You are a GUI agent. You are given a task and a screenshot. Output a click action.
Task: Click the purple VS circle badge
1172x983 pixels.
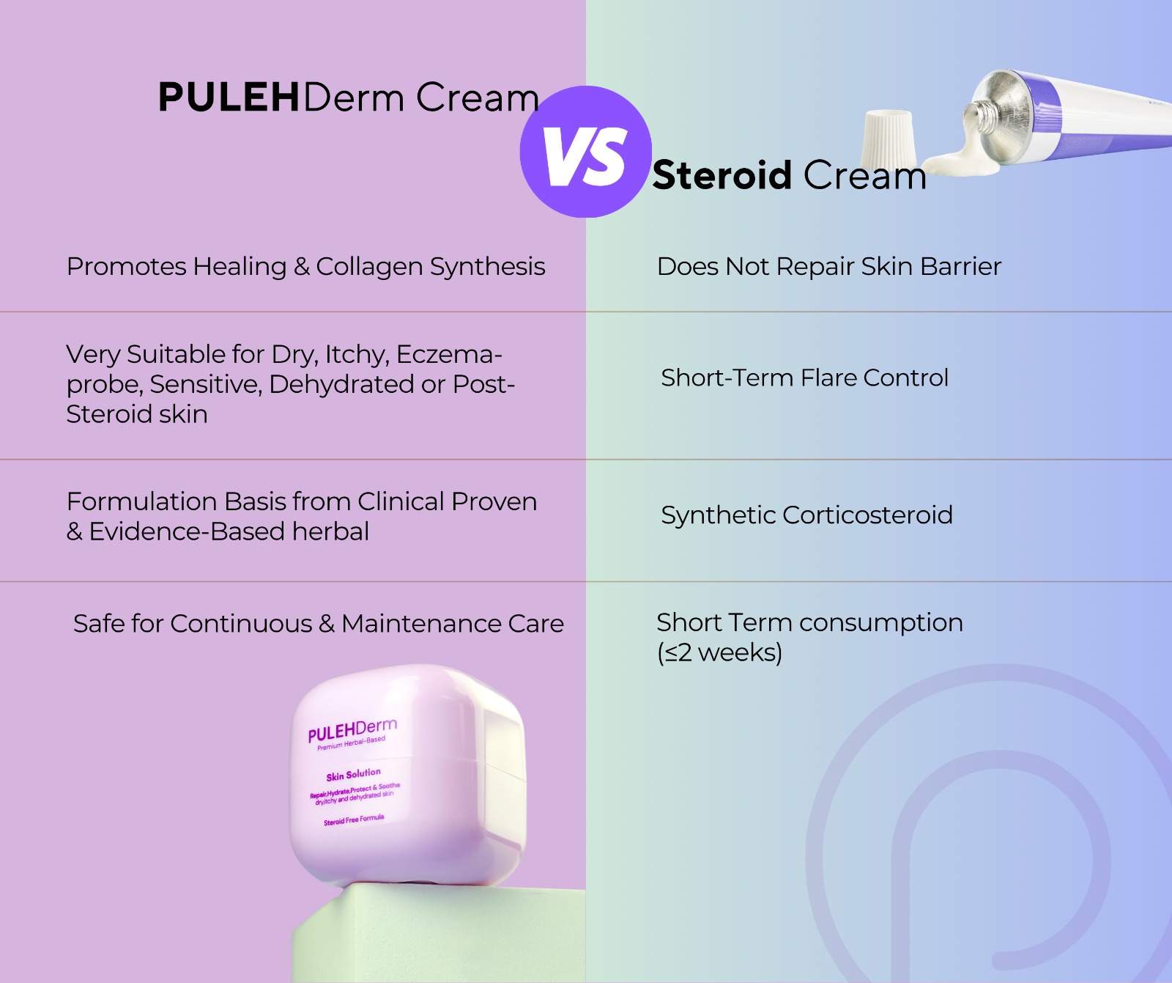pyautogui.click(x=585, y=152)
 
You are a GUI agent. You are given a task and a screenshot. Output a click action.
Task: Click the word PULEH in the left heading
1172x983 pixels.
pyautogui.click(x=229, y=97)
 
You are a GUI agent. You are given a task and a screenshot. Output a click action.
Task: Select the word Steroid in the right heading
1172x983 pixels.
pyautogui.click(x=722, y=176)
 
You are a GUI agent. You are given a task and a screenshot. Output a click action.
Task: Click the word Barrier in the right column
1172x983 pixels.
pyautogui.click(x=961, y=266)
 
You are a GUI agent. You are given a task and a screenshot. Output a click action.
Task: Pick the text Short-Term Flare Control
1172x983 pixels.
pyautogui.click(x=804, y=378)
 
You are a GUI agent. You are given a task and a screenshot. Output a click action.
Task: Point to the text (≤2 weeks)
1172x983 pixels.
pyautogui.click(x=719, y=652)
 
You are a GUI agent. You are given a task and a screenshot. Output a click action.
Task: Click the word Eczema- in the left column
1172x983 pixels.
pyautogui.click(x=449, y=354)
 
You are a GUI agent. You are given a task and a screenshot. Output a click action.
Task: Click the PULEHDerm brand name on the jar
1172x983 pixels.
pyautogui.click(x=352, y=730)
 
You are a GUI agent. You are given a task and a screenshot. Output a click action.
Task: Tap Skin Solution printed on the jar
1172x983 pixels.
pyautogui.click(x=354, y=774)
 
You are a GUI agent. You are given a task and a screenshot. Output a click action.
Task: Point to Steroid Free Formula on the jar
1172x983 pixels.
pyautogui.click(x=354, y=820)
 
